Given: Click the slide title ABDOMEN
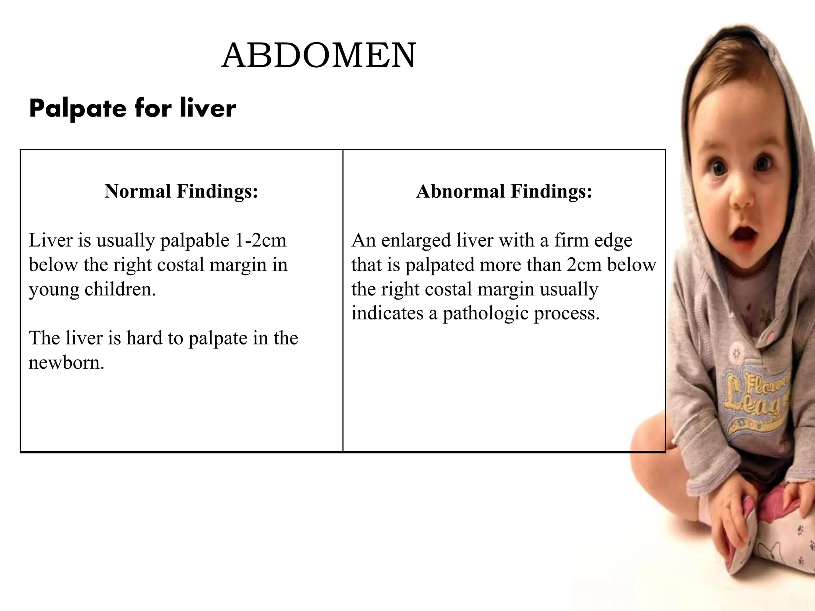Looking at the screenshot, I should click(x=319, y=56).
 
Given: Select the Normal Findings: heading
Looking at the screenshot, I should click(x=181, y=191).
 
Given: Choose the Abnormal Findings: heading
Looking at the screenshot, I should click(x=504, y=191).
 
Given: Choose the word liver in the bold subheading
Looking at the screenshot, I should click(x=207, y=109).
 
